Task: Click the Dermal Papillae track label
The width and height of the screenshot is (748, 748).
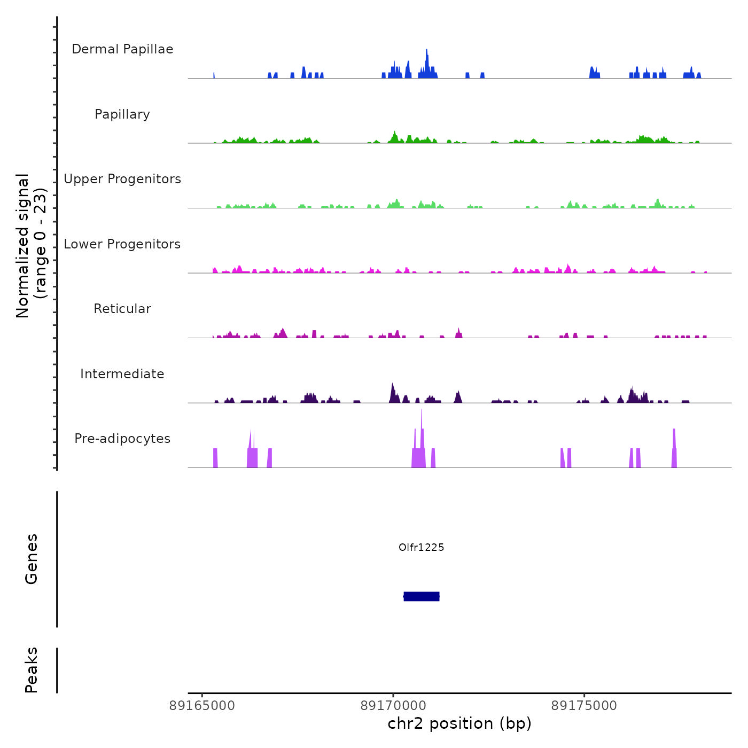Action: [x=122, y=49]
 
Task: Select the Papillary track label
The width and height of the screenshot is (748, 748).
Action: [x=122, y=114]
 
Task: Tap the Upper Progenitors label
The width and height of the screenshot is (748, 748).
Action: [x=122, y=179]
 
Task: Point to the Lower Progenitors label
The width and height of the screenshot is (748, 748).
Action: [x=122, y=244]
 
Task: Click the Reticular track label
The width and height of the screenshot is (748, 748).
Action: [x=122, y=309]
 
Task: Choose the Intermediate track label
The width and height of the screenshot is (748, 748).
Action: [x=122, y=374]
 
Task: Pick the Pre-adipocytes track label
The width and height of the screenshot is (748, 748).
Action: [x=122, y=439]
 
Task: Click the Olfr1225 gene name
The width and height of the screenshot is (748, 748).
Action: [x=422, y=547]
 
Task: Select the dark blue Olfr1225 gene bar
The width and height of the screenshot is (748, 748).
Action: [x=422, y=596]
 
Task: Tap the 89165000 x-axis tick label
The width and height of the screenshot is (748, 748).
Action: [x=202, y=706]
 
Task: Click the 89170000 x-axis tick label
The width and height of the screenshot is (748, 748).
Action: [x=393, y=706]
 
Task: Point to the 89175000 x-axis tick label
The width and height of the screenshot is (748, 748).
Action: [x=584, y=706]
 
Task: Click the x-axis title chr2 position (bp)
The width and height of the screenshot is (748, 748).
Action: [x=459, y=723]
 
